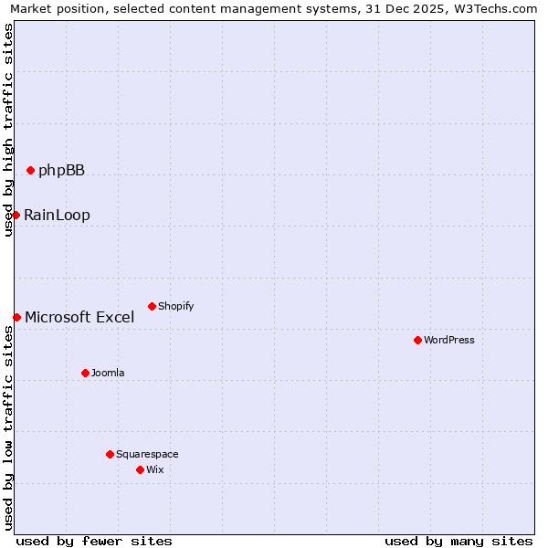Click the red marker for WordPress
[x=417, y=340]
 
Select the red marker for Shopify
[x=152, y=306]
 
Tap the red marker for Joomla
[x=85, y=373]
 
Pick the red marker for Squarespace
[x=110, y=454]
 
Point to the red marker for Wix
[x=140, y=469]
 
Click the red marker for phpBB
[x=30, y=170]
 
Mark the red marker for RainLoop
[x=16, y=215]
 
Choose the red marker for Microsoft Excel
[x=16, y=317]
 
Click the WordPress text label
[x=449, y=340]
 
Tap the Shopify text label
[x=175, y=306]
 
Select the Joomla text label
[x=108, y=373]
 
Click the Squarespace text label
[x=147, y=454]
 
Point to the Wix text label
[x=154, y=469]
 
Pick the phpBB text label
[x=61, y=170]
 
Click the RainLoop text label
[x=57, y=216]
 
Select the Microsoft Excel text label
[x=79, y=318]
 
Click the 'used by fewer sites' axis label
[x=94, y=541]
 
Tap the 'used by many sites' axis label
[x=458, y=541]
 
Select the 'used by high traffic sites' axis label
[x=8, y=130]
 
